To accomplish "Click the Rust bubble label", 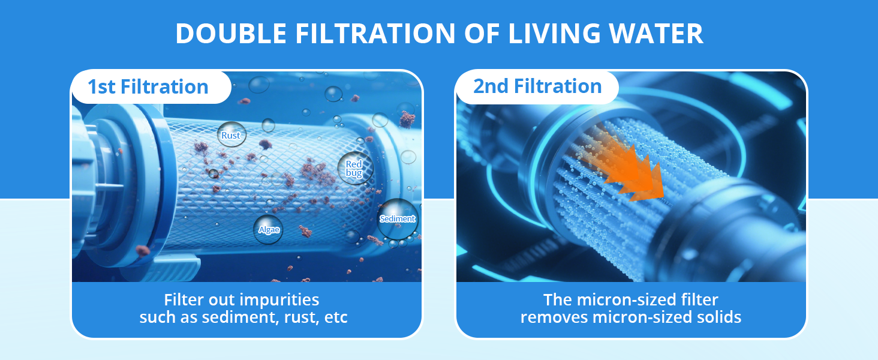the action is [231, 134].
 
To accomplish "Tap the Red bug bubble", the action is [355, 168].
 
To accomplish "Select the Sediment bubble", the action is [398, 219].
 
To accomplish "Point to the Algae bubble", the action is [268, 229].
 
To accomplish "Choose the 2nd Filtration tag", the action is [537, 86].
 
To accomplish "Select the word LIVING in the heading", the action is [554, 34].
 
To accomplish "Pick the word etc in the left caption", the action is [336, 317].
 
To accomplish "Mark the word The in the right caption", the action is [558, 300].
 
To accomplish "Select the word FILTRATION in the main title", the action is [375, 34].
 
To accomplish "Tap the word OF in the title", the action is [482, 34].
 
